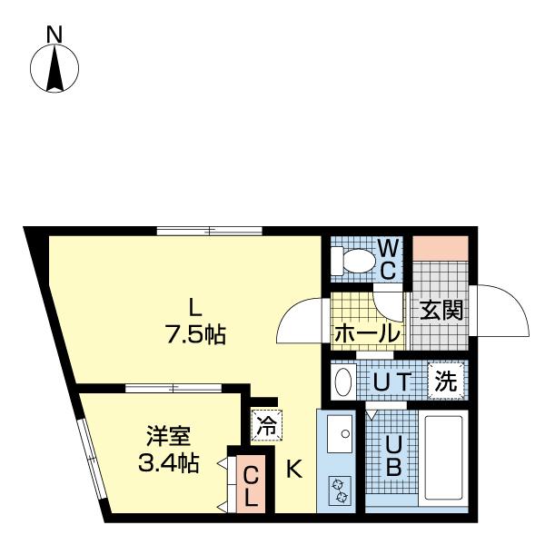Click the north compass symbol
coord(54,69)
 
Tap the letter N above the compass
coord(54,35)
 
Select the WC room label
coord(387,259)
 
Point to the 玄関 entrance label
coord(441,310)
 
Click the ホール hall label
coord(367,333)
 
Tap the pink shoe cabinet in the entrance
coord(441,247)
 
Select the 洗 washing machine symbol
coord(446,381)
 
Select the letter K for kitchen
coord(294,470)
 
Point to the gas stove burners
coord(341,490)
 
